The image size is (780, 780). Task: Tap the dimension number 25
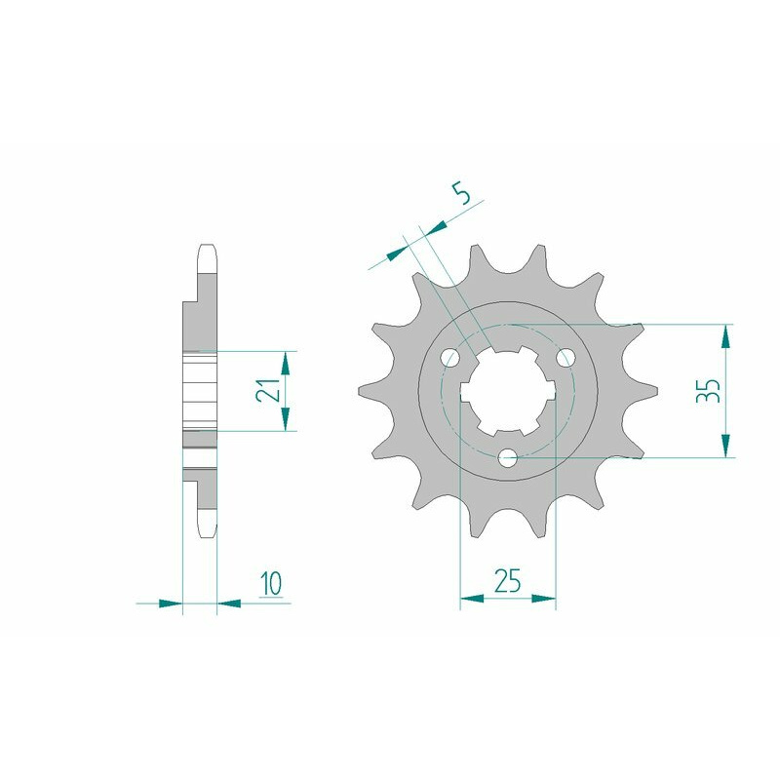507,580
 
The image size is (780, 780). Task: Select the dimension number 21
266,389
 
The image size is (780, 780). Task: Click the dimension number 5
461,193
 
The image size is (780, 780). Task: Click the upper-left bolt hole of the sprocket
450,357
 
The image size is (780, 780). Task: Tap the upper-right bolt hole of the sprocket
565,357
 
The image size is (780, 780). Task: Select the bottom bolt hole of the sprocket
508,457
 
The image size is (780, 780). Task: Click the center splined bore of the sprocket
508,391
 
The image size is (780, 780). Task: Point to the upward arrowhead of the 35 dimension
726,336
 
